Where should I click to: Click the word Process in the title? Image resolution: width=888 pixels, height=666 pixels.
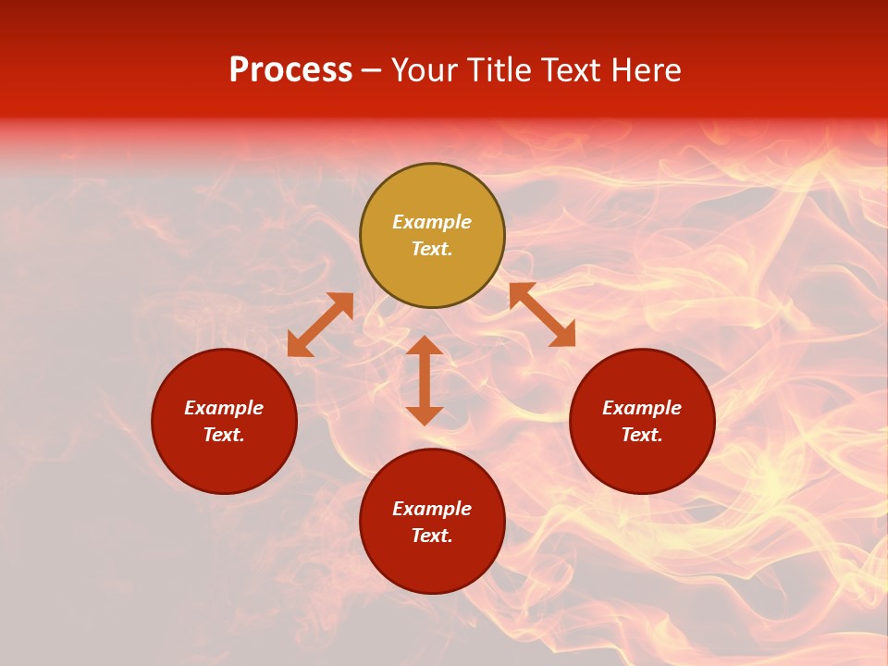[290, 70]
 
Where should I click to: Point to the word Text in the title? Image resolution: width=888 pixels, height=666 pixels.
[572, 70]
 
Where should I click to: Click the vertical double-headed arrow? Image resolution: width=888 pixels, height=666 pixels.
[425, 380]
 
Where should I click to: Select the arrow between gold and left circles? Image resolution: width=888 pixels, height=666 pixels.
[320, 325]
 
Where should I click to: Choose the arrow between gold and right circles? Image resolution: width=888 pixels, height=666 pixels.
[542, 314]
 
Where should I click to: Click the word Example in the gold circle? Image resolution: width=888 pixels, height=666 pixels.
[432, 222]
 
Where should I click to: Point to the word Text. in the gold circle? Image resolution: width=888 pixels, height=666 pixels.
[432, 249]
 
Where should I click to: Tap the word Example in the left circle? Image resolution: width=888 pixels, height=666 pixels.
[224, 408]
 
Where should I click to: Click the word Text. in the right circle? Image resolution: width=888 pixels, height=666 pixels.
[642, 435]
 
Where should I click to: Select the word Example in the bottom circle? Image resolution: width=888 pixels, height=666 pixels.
[432, 509]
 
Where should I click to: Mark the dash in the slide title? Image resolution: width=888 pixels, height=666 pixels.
[372, 70]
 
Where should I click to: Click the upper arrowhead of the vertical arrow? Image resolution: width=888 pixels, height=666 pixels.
[425, 346]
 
